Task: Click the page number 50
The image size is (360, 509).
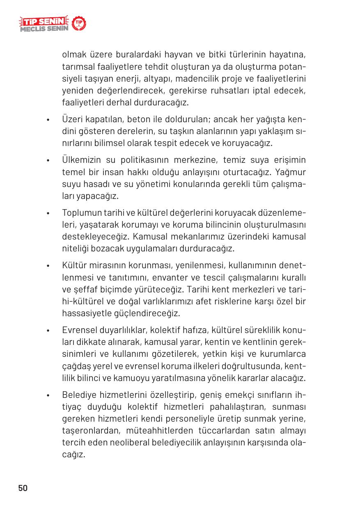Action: pyautogui.click(x=23, y=488)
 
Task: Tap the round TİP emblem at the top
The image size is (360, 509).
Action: pyautogui.click(x=79, y=24)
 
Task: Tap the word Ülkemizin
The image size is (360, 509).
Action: pyautogui.click(x=82, y=159)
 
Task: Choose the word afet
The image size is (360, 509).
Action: pyautogui.click(x=198, y=301)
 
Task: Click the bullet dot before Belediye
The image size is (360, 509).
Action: pyautogui.click(x=48, y=396)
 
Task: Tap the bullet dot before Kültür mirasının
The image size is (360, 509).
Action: pyautogui.click(x=48, y=266)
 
